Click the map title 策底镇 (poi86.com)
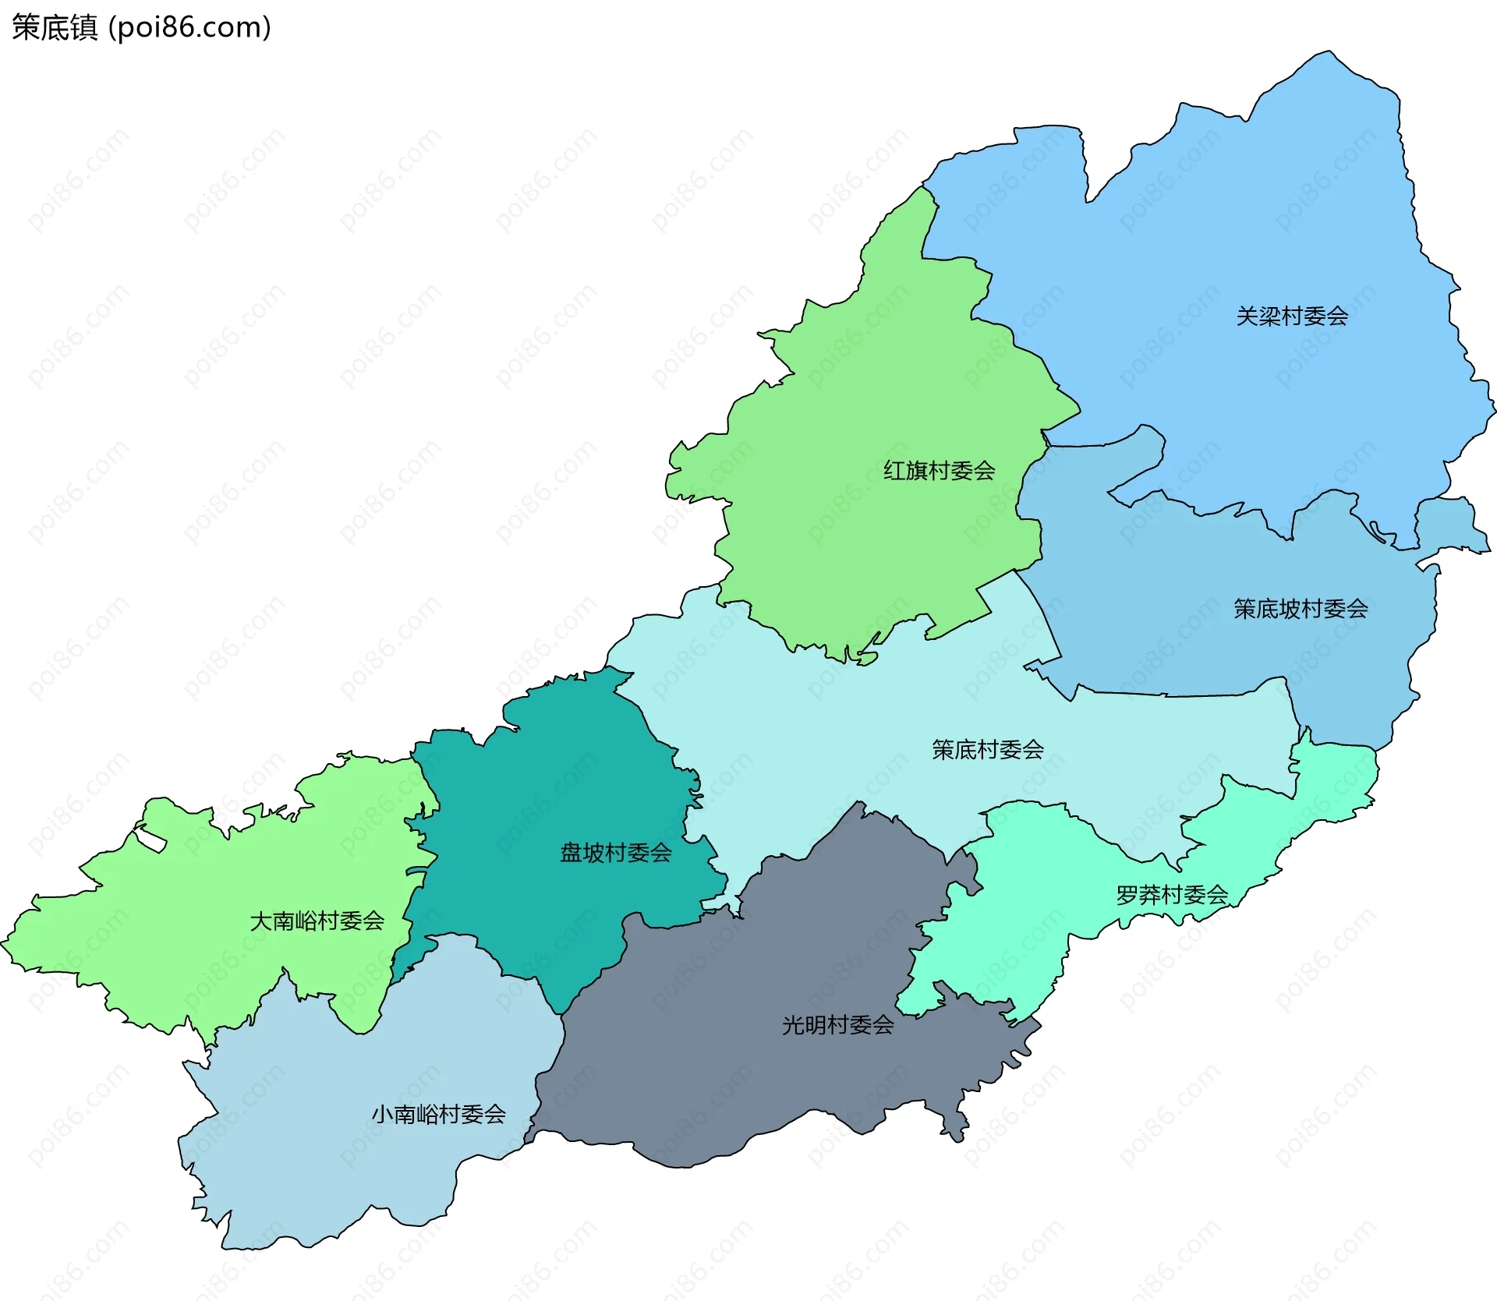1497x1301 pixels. click(141, 27)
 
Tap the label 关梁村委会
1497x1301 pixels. click(1291, 316)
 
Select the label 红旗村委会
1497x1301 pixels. click(939, 470)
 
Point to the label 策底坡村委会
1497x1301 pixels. click(1300, 608)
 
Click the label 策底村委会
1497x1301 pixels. click(987, 749)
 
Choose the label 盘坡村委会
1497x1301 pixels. click(615, 852)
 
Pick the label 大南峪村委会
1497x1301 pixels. click(317, 921)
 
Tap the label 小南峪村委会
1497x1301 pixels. click(438, 1114)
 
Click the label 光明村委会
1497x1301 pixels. click(837, 1024)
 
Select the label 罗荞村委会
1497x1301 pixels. click(1171, 894)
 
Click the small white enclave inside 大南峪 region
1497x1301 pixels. click(150, 840)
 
